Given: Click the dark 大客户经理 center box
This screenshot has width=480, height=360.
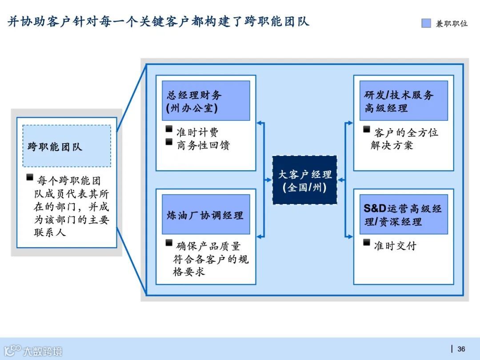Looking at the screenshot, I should (x=304, y=180).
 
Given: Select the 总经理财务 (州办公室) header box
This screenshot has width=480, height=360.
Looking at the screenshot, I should (x=205, y=101).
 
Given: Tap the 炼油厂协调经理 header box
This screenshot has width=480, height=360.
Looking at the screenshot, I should (x=205, y=215).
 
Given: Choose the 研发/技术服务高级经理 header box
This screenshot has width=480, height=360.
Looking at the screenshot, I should (x=403, y=101).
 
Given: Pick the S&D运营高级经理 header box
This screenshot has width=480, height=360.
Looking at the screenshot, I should (x=403, y=215).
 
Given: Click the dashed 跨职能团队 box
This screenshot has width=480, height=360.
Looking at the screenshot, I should (x=67, y=146).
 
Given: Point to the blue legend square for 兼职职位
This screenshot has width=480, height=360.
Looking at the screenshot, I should (x=426, y=23).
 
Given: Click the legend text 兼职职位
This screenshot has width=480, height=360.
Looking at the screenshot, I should (x=452, y=24).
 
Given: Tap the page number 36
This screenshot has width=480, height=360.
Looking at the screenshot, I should (x=461, y=349).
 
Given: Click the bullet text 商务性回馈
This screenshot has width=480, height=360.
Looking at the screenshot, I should (x=203, y=145).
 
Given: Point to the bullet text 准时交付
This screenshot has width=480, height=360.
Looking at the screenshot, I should (x=395, y=246).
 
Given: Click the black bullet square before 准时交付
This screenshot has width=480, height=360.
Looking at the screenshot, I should (x=366, y=243).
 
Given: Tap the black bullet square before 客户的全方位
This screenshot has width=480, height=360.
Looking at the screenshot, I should (x=366, y=129).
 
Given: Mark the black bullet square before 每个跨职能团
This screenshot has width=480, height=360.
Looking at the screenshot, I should (x=30, y=178).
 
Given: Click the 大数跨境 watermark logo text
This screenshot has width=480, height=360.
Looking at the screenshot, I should (x=43, y=351).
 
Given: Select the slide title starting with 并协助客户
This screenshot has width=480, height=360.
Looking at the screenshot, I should (x=158, y=21).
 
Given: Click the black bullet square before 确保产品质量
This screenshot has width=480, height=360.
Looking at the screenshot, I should (x=169, y=243).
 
